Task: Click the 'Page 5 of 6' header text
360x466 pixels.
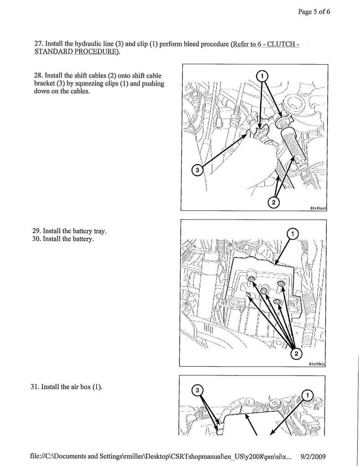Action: pos(314,12)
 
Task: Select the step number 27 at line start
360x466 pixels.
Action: pos(39,44)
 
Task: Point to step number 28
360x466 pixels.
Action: pos(39,75)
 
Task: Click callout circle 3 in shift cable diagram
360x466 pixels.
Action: pos(197,170)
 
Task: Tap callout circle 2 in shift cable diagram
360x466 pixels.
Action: pos(273,202)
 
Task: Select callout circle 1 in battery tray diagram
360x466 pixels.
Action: pos(293,234)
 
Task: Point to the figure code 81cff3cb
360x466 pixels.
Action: pos(318,364)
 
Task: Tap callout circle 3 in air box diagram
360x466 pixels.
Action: pos(197,390)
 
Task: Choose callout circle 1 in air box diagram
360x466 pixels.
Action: pos(307,395)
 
